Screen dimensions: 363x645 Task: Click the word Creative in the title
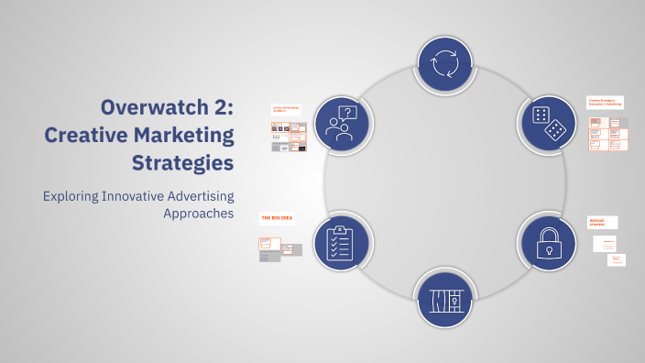click(85, 137)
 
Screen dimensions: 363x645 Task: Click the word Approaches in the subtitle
click(198, 214)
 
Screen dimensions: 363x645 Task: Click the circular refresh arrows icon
click(444, 63)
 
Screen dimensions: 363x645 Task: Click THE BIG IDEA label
click(273, 218)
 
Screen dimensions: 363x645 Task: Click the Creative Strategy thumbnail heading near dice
click(605, 102)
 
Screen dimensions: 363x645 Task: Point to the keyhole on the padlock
click(546, 249)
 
